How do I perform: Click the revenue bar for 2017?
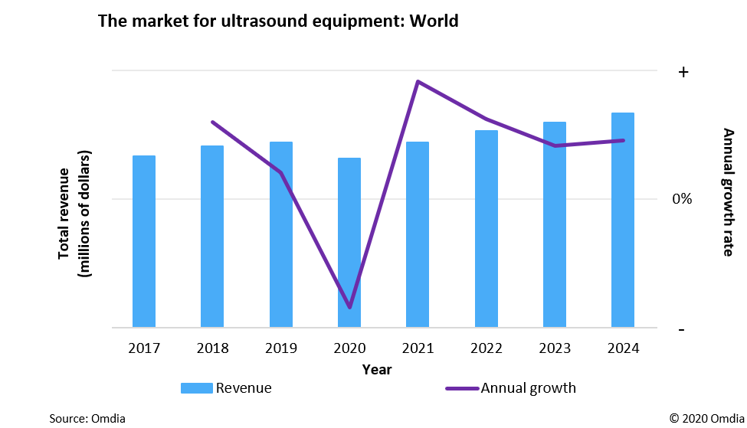coord(144,241)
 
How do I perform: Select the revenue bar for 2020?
coord(349,243)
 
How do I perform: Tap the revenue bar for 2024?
coord(623,220)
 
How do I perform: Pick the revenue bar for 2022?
coord(487,229)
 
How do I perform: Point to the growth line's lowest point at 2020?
coord(350,307)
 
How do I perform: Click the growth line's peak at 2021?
coord(418,81)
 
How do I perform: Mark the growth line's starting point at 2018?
coord(212,122)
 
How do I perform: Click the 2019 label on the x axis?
coord(281,349)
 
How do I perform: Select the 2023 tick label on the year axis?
coord(555,349)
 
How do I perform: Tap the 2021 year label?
coord(418,349)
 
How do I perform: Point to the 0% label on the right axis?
coord(682,199)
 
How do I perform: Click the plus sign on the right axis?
coord(683,72)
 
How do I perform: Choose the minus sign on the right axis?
coord(683,329)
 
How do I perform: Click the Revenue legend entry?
coord(227,388)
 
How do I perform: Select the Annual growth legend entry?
coord(511,388)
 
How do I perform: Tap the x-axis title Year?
coord(377,370)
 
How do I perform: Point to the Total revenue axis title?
coord(74,212)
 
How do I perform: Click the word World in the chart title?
coord(434,21)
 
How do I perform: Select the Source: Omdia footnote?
coord(87,418)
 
